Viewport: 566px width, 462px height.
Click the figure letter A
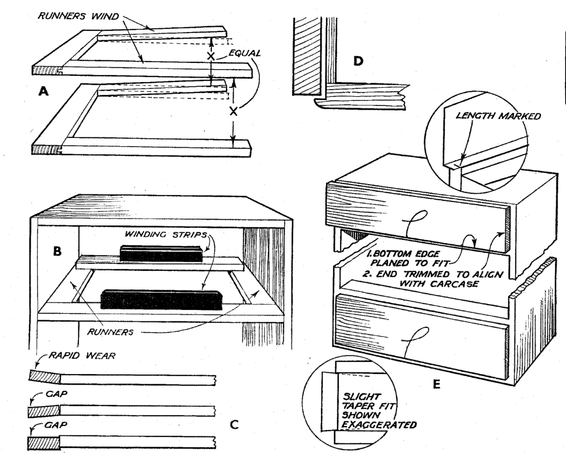coord(43,92)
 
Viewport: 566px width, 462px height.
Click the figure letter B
coord(57,251)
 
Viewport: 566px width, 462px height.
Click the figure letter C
coord(234,425)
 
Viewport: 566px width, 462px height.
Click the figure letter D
coord(358,60)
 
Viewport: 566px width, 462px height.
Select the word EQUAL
coord(246,53)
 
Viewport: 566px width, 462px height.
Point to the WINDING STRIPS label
coord(166,235)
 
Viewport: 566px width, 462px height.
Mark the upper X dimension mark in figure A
coord(211,57)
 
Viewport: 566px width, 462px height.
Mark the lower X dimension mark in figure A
coord(233,111)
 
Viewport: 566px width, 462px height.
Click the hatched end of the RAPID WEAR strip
coord(43,376)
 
